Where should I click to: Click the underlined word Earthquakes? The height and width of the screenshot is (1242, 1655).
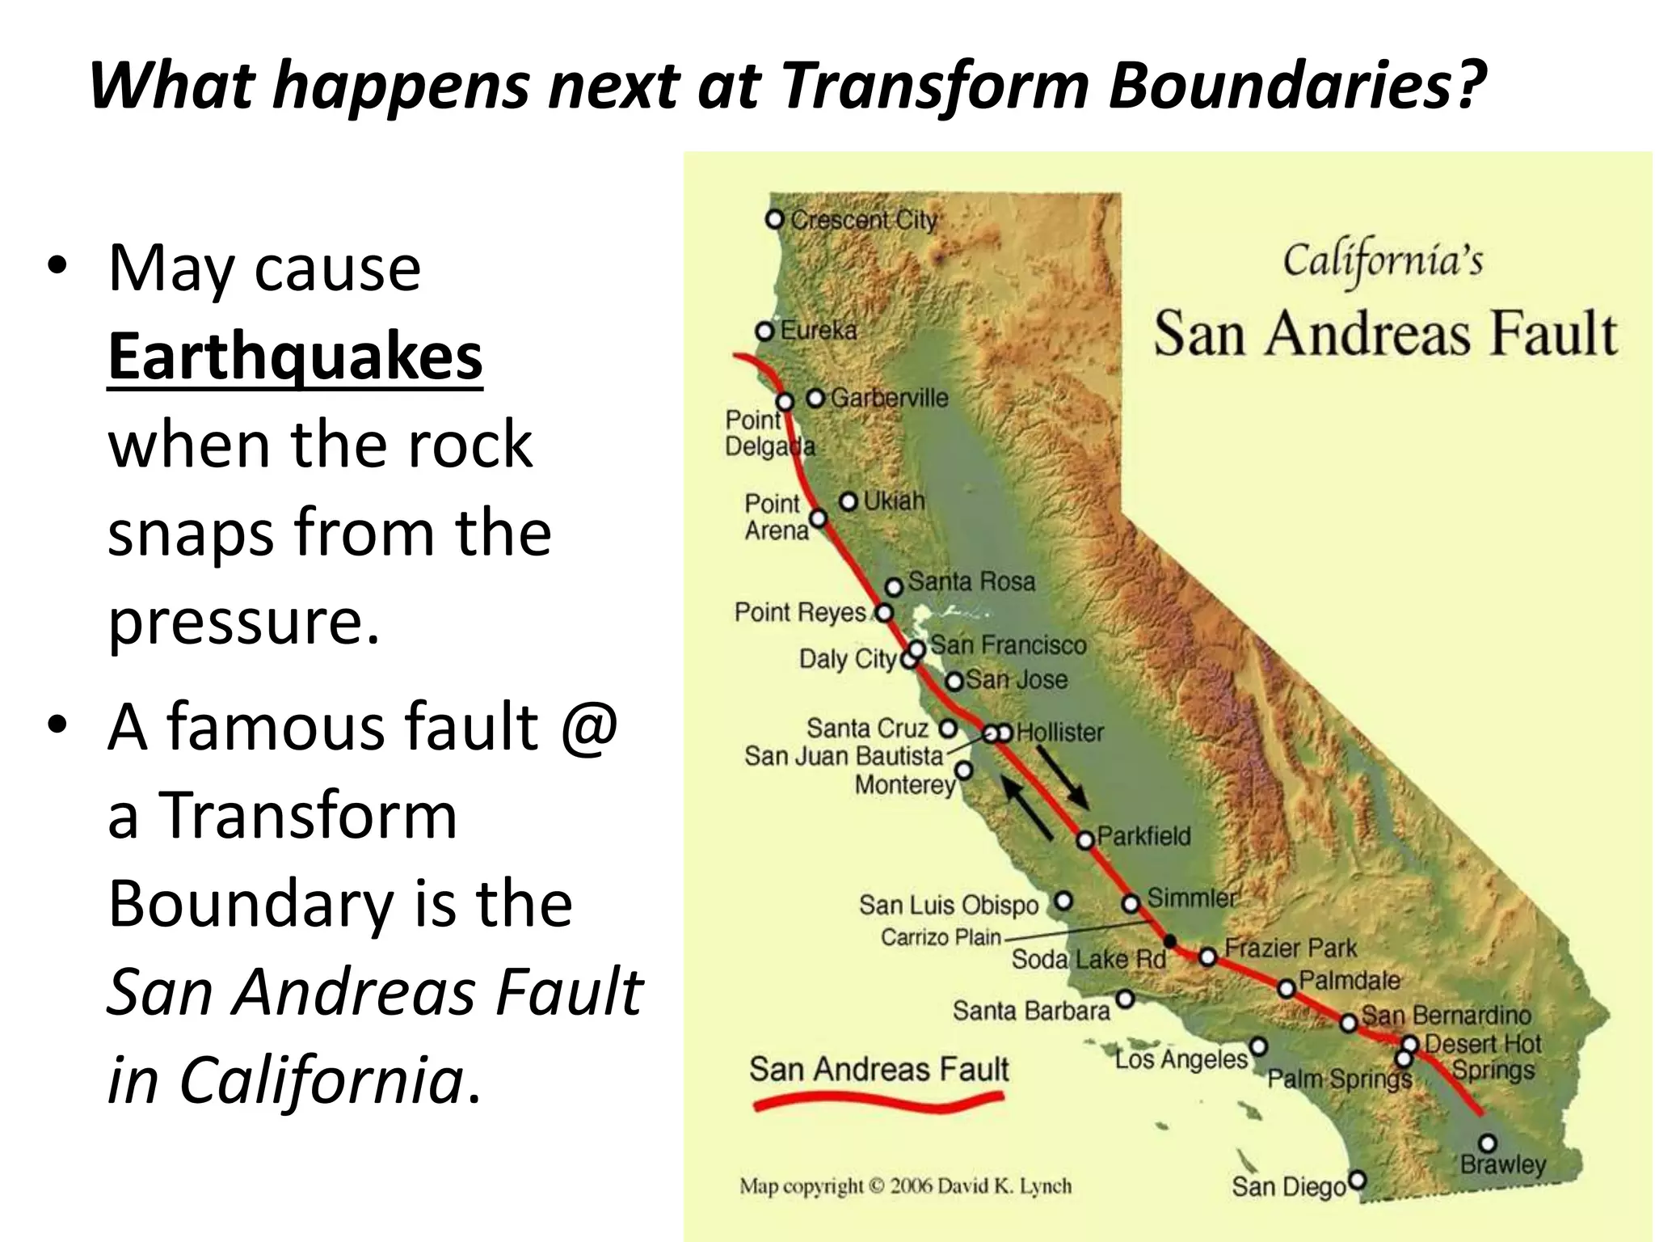pyautogui.click(x=295, y=357)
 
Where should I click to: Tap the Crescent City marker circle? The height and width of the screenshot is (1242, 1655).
pyautogui.click(x=775, y=219)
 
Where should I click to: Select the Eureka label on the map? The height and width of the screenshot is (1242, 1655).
pyautogui.click(x=819, y=330)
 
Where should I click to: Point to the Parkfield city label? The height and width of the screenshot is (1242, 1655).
pyautogui.click(x=1143, y=836)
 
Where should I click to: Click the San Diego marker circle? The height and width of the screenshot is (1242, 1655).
pyautogui.click(x=1358, y=1180)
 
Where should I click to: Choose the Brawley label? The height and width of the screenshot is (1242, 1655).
pyautogui.click(x=1503, y=1164)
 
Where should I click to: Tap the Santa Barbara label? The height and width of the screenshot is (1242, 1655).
pyautogui.click(x=1031, y=1011)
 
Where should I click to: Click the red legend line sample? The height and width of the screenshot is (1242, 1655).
pyautogui.click(x=879, y=1101)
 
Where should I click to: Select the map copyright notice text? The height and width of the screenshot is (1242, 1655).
pyautogui.click(x=906, y=1186)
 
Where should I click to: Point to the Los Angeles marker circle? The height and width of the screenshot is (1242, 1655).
pyautogui.click(x=1258, y=1047)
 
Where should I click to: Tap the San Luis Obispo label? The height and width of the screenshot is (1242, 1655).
pyautogui.click(x=949, y=905)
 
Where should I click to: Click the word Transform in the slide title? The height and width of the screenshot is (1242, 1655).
pyautogui.click(x=936, y=86)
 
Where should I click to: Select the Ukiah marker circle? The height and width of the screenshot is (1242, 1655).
pyautogui.click(x=849, y=502)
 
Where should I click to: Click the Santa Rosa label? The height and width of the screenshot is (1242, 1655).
pyautogui.click(x=971, y=581)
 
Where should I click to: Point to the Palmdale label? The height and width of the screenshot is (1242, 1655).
pyautogui.click(x=1350, y=980)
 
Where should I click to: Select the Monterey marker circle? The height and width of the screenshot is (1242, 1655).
pyautogui.click(x=963, y=770)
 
